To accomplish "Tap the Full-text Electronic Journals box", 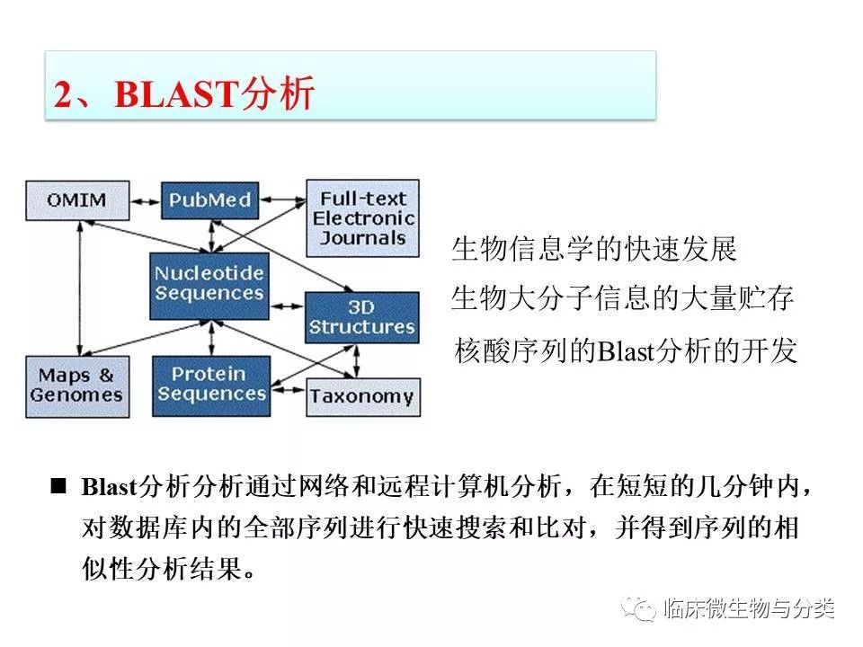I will [362, 217].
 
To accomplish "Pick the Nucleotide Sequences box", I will [209, 284].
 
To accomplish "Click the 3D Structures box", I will [362, 317].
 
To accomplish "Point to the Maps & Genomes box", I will [76, 385].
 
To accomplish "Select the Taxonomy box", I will [361, 396].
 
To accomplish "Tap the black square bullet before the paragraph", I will [59, 486].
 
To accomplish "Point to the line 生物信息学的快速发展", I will [594, 250].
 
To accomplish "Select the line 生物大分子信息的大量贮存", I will [622, 299].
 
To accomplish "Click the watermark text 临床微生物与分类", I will [749, 610].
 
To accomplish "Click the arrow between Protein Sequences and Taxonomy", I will [288, 394].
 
